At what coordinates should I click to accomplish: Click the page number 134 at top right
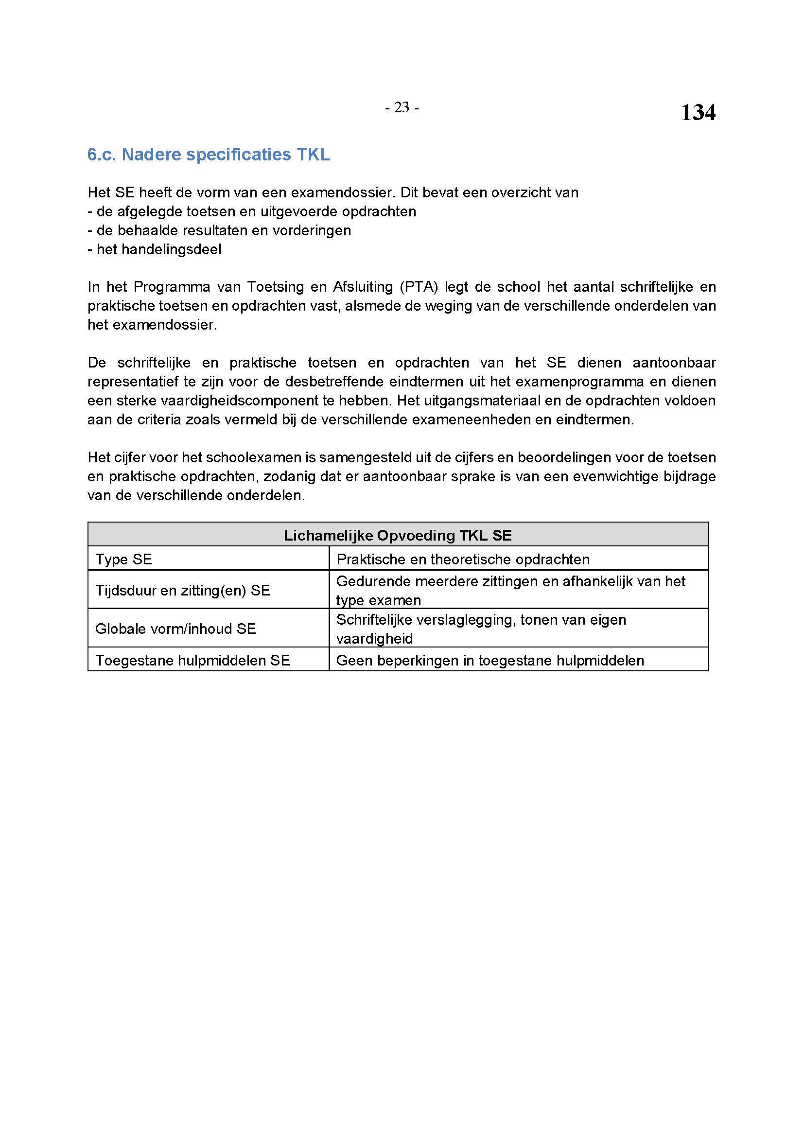coord(698,113)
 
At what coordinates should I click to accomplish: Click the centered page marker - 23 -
coord(402,107)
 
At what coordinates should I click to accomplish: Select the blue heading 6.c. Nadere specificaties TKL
coord(209,155)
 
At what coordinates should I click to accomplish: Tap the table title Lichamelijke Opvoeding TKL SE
coord(398,535)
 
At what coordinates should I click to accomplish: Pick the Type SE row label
coord(123,560)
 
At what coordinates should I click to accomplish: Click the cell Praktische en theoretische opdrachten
coord(463,560)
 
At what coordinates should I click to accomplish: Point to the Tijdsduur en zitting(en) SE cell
coord(182,590)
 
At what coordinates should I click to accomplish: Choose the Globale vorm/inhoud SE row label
coord(175,629)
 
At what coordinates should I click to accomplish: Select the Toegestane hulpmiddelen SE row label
coord(192,661)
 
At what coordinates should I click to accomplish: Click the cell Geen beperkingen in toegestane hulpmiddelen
coord(490,661)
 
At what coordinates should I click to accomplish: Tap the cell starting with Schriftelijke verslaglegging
coord(481,629)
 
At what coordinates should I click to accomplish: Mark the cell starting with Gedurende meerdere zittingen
coord(510,590)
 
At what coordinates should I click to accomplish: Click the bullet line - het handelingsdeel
coord(155,249)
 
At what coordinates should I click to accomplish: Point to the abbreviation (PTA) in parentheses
coord(419,287)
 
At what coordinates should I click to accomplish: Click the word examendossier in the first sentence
coord(342,192)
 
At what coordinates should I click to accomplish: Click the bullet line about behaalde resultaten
coord(219,231)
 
